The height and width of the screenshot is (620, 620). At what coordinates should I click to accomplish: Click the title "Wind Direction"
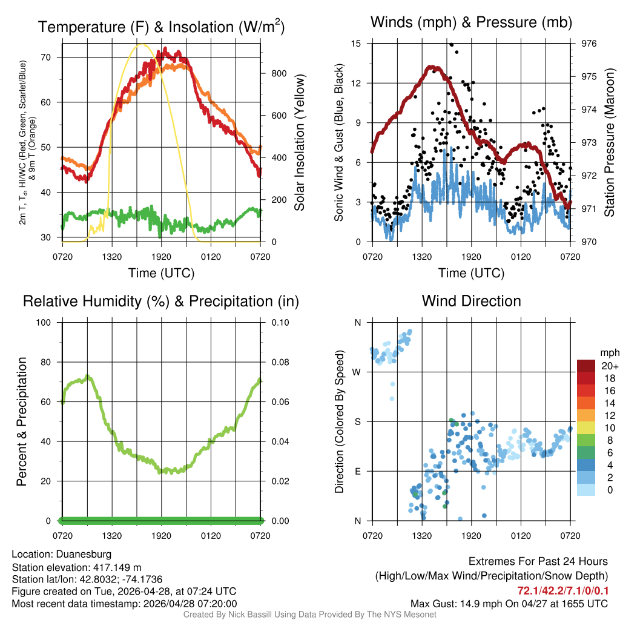point(471,301)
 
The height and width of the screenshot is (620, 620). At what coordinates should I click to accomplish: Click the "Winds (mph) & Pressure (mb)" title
point(471,23)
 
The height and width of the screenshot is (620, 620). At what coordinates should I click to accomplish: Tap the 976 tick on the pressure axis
point(589,44)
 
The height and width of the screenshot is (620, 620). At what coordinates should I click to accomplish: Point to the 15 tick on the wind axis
point(356,44)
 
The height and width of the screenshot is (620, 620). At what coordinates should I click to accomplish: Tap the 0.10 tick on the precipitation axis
point(279,323)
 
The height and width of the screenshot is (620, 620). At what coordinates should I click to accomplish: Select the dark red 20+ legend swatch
point(586,366)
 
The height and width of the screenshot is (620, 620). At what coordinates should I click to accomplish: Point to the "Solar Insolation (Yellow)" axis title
point(300,142)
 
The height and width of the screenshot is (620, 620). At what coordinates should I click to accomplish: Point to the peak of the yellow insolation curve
point(142,44)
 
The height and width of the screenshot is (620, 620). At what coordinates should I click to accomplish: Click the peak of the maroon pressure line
point(431,67)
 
